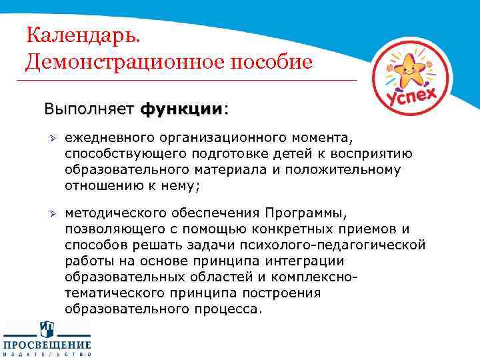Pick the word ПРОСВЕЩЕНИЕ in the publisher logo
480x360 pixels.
coord(48,345)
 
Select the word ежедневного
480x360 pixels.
coord(109,138)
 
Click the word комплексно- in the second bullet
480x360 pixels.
coord(311,277)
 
